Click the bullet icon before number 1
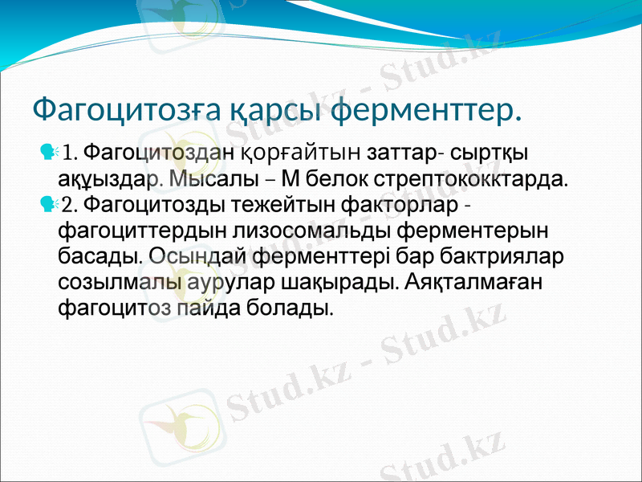click(48, 150)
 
